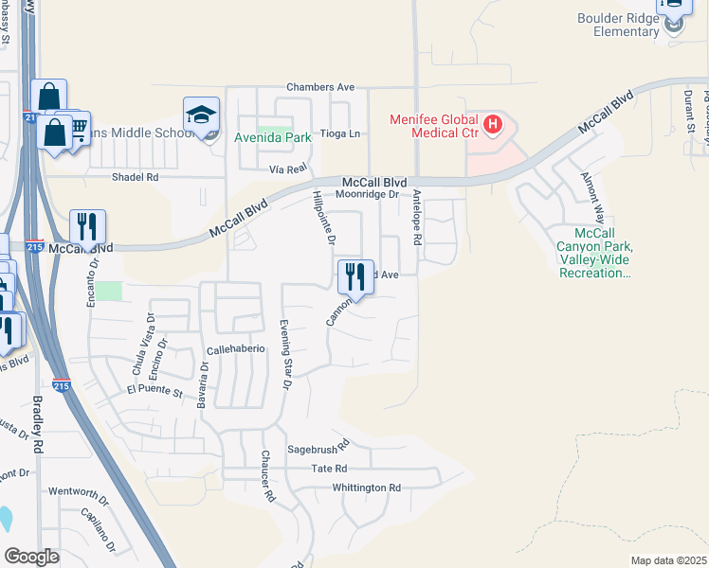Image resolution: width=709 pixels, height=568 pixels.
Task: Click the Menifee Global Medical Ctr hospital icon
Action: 492,123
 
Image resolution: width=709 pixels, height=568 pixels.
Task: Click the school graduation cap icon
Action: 201,115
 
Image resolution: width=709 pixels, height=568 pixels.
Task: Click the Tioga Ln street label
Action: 340,134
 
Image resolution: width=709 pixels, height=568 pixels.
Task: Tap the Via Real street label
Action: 288,168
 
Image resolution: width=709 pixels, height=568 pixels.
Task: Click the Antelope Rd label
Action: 416,219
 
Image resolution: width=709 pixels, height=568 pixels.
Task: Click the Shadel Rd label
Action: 134,177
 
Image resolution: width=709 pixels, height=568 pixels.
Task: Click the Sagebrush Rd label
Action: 318,443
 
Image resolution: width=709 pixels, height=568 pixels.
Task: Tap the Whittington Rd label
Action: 367,488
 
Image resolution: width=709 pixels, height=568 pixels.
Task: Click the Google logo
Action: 32,557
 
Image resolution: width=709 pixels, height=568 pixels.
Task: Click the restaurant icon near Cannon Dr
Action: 355,276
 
